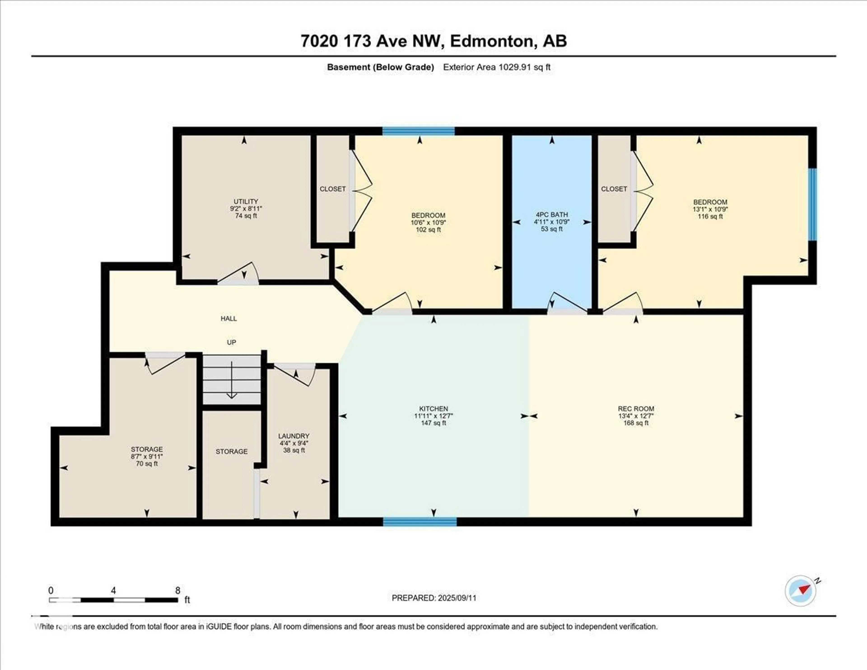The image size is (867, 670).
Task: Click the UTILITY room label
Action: coord(246,201)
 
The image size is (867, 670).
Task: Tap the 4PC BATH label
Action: coord(552,214)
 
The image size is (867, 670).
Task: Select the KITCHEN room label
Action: coord(433,409)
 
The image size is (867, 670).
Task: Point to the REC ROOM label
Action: coord(636,409)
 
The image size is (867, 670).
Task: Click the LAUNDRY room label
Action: coord(294,436)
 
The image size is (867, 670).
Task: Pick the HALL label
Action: coord(229,319)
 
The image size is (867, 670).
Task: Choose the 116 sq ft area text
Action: coord(710,216)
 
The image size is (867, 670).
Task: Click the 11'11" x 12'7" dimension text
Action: coord(433,416)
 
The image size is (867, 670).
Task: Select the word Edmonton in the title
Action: coord(492,41)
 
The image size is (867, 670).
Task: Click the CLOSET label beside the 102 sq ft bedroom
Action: coord(333,189)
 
